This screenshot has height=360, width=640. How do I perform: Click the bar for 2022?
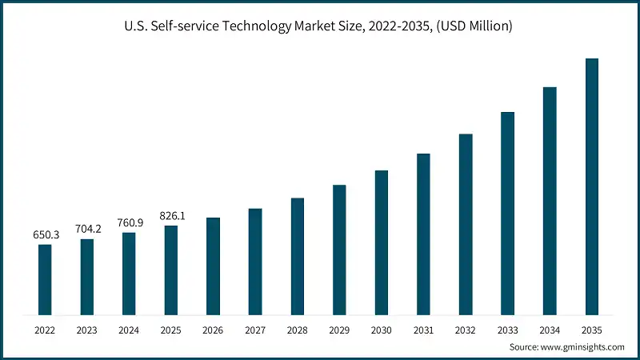click(45, 280)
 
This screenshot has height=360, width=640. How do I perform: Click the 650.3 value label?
click(45, 234)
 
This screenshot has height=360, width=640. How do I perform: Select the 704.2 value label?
click(87, 229)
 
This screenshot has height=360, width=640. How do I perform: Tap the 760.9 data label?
click(129, 222)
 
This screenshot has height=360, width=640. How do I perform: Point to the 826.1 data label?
click(171, 216)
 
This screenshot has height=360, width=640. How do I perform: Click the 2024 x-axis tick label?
click(129, 330)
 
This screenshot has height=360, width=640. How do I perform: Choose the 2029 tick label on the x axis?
click(339, 330)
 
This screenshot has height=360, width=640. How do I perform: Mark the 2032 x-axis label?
click(466, 330)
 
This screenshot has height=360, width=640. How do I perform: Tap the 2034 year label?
click(550, 330)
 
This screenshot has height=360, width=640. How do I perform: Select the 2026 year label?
click(213, 330)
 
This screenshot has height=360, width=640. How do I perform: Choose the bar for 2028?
click(298, 256)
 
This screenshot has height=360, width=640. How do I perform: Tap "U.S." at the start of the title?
click(137, 26)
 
